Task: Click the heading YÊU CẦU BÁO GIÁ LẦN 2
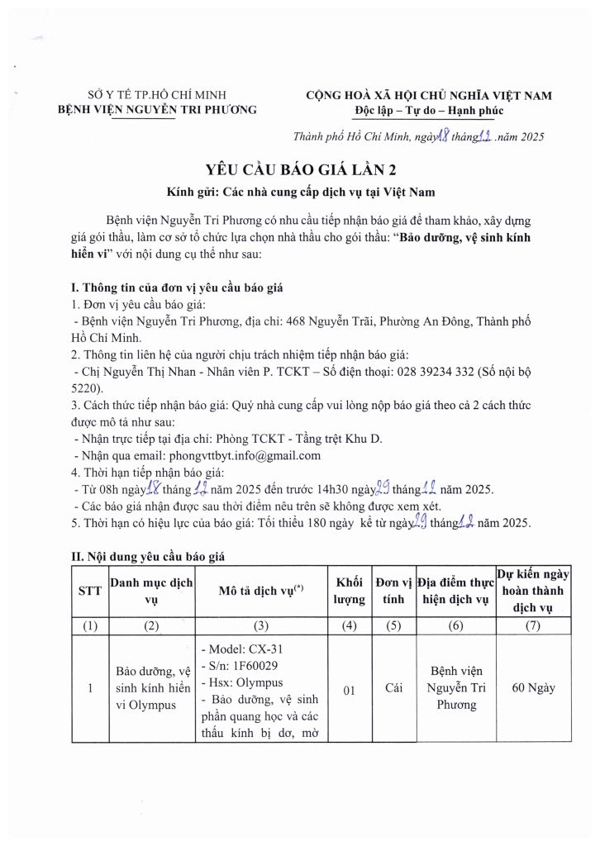301,170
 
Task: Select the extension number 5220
87,387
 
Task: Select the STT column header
89,592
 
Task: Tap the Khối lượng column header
350,592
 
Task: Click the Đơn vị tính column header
393,592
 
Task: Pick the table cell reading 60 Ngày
534,687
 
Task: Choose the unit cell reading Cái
393,687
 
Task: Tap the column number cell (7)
534,625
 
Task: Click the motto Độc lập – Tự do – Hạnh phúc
424,111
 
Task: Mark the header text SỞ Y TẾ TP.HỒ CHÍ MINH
157,95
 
